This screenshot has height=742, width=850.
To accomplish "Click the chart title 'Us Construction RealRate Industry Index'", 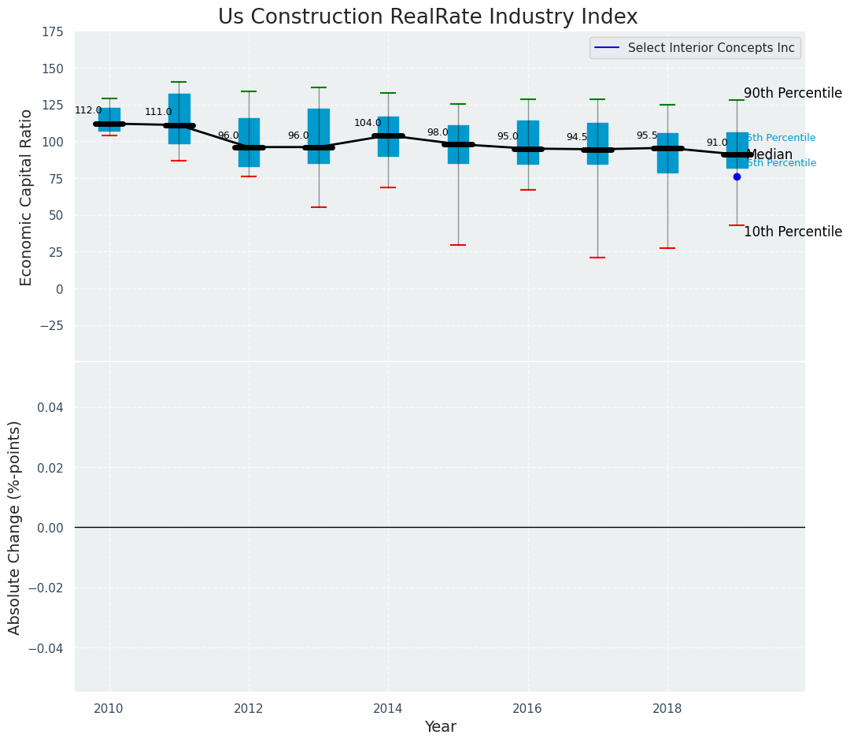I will pyautogui.click(x=427, y=17).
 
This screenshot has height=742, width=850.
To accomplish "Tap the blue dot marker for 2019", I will pyautogui.click(x=737, y=176).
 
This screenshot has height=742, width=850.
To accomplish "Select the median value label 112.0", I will pyautogui.click(x=88, y=110).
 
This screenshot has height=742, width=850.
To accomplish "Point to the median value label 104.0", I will pyautogui.click(x=368, y=123).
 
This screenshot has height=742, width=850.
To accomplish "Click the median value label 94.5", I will pyautogui.click(x=577, y=137).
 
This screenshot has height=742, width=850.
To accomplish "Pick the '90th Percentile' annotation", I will pyautogui.click(x=793, y=93).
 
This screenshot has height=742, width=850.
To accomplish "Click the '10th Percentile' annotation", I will pyautogui.click(x=793, y=232).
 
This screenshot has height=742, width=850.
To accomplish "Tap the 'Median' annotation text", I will pyautogui.click(x=769, y=154).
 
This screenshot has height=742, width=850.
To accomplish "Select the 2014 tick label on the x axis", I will pyautogui.click(x=388, y=709).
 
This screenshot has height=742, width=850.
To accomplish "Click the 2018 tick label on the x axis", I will pyautogui.click(x=667, y=709).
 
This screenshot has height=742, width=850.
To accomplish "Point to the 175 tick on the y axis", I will pyautogui.click(x=53, y=32).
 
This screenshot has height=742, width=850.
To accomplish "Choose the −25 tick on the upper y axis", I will pyautogui.click(x=50, y=326).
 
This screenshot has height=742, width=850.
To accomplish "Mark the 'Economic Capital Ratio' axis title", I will pyautogui.click(x=27, y=197).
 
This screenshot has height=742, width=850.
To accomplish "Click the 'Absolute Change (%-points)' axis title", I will pyautogui.click(x=15, y=527).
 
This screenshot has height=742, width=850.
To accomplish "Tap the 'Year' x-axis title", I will pyautogui.click(x=440, y=727).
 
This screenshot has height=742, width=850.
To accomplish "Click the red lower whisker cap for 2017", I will pyautogui.click(x=597, y=258).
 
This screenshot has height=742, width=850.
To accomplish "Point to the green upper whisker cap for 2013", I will pyautogui.click(x=319, y=87).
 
